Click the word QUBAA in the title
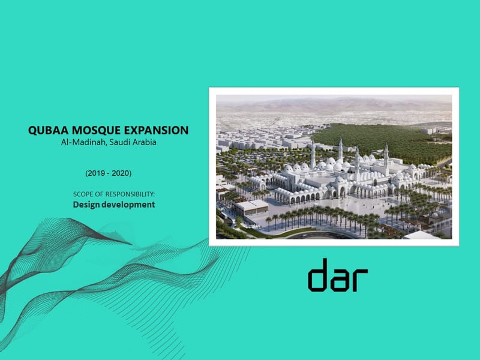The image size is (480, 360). point(47,130)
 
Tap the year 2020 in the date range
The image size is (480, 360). point(119,173)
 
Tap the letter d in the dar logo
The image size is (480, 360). point(319,275)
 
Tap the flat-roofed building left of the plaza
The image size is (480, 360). point(251,208)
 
